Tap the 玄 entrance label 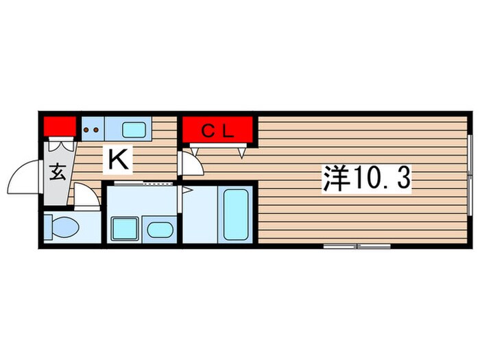[x=58, y=171]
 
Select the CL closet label [x=219, y=129]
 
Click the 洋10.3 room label [x=367, y=180]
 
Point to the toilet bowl [x=62, y=226]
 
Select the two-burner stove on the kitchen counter [x=92, y=127]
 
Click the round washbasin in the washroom [x=160, y=229]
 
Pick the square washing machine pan [x=124, y=227]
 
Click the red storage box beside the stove [x=60, y=126]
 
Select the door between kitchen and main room [x=191, y=163]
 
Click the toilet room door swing [x=86, y=199]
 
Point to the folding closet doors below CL [x=219, y=149]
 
